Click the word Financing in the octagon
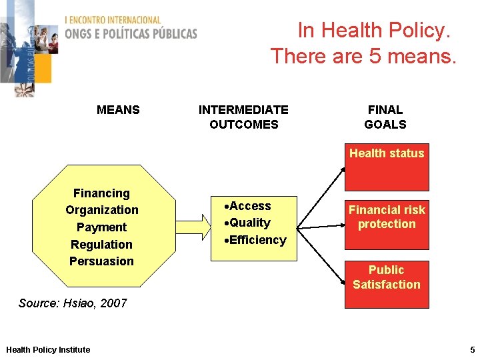[101, 193]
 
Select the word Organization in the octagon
[101, 210]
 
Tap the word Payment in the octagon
[101, 227]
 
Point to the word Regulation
[101, 245]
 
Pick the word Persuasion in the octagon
[101, 261]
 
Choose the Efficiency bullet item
[256, 240]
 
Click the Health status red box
[387, 167]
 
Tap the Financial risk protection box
[387, 217]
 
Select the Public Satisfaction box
[387, 283]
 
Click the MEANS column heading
[118, 110]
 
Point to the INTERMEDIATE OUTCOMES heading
[243, 117]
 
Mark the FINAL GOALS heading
[385, 117]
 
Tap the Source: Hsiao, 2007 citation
[73, 303]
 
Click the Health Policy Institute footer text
[48, 350]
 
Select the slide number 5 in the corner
[471, 349]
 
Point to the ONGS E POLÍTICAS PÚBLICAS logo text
[131, 33]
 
